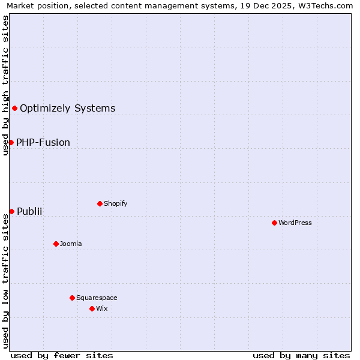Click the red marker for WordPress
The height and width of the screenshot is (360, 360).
[274, 223]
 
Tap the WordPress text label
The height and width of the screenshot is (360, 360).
[295, 223]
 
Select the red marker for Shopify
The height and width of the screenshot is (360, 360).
[100, 203]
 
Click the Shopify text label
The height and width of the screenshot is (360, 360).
[115, 203]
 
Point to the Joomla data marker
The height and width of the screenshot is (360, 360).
[56, 244]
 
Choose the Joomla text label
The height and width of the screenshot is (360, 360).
[71, 244]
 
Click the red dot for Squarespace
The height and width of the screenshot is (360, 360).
[72, 298]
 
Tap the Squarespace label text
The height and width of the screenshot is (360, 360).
[97, 298]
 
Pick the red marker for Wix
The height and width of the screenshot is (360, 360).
[92, 308]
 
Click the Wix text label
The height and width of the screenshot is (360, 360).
[102, 308]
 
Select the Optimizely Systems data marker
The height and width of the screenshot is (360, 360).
[14, 108]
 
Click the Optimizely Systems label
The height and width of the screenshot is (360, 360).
[67, 109]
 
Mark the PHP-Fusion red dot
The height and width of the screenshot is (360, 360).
[11, 142]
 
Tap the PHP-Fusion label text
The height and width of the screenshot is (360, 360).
[43, 143]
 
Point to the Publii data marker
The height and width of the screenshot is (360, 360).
[11, 211]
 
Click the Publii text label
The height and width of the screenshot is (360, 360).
[29, 212]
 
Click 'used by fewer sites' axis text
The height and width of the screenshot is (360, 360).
[62, 355]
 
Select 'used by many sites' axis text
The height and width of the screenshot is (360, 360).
[301, 355]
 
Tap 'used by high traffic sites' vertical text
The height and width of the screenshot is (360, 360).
[5, 85]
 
